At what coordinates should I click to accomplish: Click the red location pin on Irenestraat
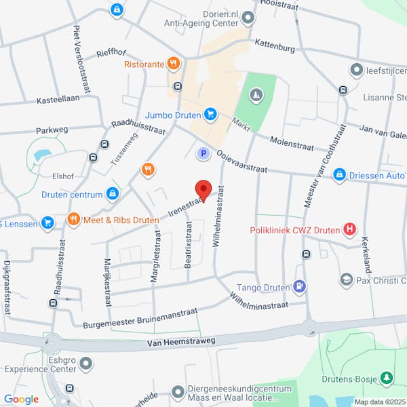point(203,189)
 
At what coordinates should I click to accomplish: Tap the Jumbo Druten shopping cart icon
point(210,114)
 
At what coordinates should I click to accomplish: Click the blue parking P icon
point(202,154)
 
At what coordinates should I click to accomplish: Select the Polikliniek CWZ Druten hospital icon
point(349,229)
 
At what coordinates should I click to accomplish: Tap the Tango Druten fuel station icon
point(299,287)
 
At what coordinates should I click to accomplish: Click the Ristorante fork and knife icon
point(174,64)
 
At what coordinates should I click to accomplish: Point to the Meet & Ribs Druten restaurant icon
point(74,219)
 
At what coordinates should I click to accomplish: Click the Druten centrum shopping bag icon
point(113,195)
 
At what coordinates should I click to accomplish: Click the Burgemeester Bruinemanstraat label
point(140,318)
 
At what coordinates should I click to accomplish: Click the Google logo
point(21,399)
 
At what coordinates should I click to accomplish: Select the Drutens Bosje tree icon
point(387,376)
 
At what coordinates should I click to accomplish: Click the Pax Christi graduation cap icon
point(346,279)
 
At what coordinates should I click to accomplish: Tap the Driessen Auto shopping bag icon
point(340,175)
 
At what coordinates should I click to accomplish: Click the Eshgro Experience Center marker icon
point(85,365)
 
